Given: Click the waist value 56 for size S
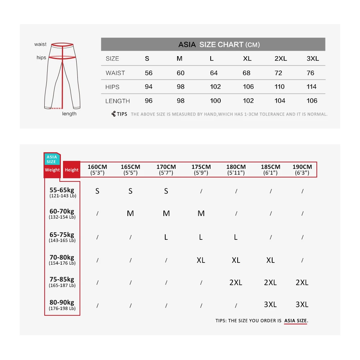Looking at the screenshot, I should point(149,73).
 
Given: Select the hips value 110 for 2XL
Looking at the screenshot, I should point(279,87).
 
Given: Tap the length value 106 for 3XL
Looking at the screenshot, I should point(312,101).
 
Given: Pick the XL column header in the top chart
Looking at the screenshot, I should point(247,59).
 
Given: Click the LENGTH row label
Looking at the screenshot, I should point(117,101).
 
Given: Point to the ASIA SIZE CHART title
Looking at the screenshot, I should point(219,45).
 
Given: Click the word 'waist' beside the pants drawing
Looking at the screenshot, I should point(40,44).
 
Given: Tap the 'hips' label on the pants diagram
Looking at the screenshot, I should point(41,58).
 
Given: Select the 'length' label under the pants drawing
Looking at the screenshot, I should point(69,114).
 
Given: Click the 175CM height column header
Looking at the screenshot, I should point(201,170).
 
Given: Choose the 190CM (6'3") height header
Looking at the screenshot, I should point(302,170).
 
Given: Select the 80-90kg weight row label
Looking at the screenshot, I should point(62,305).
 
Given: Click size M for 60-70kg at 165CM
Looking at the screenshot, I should point(130,213).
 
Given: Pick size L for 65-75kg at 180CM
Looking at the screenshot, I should point(235,237).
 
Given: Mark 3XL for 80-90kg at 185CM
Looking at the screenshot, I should point(270,305).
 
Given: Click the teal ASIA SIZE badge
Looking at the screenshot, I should point(51,159).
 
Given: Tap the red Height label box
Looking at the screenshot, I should point(72,170).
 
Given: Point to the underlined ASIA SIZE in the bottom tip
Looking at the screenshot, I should point(296,320).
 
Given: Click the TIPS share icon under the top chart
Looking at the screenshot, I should point(113,114).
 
